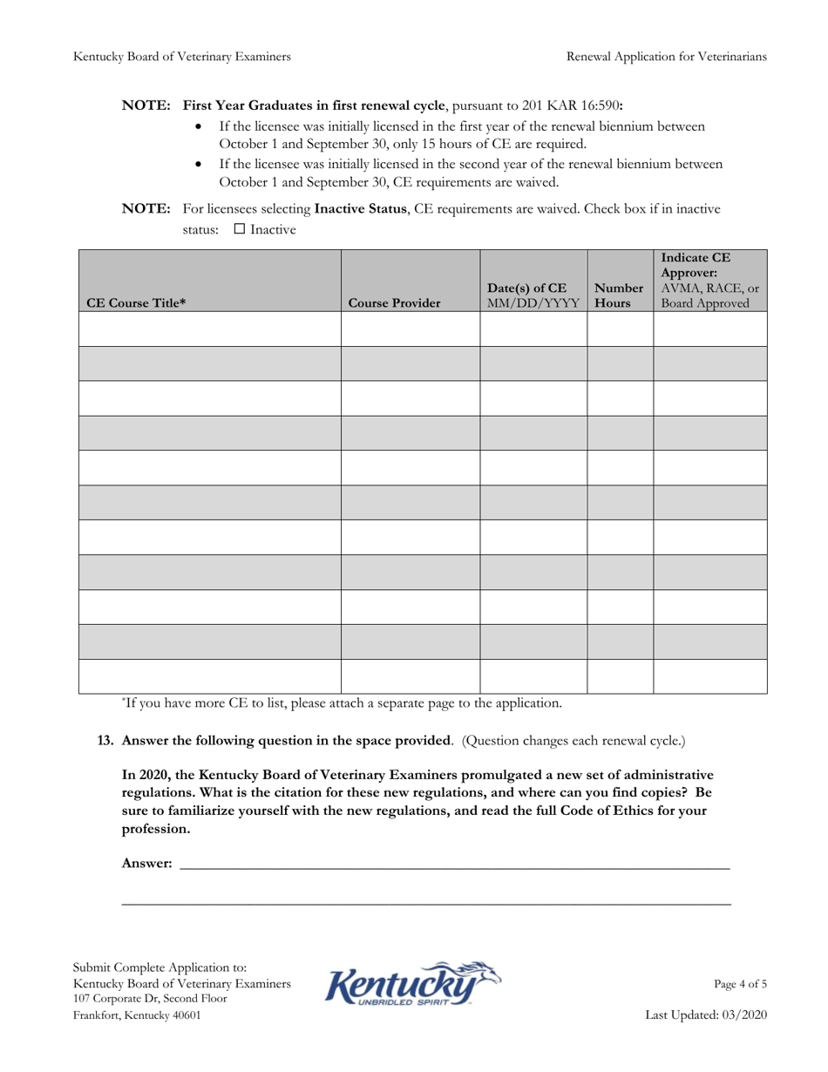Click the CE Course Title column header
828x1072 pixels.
point(135,304)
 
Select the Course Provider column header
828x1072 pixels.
point(394,304)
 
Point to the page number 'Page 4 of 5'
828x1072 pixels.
point(740,984)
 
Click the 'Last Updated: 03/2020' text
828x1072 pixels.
point(706,1015)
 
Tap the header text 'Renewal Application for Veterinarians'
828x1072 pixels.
point(667,57)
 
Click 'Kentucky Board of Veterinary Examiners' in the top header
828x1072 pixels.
point(182,57)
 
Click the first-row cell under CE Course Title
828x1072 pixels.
point(210,329)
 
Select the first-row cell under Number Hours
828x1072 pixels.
point(620,329)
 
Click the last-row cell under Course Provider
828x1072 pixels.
point(410,675)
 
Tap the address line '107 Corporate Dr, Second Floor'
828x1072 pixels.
point(151,999)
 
